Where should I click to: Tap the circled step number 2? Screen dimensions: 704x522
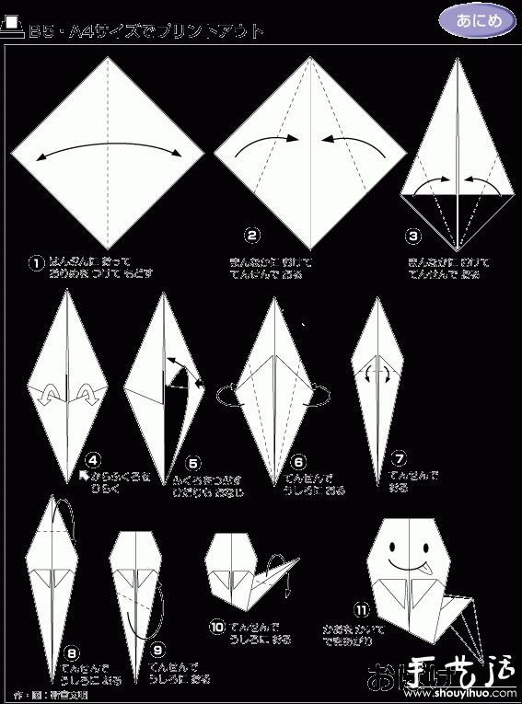click(250, 236)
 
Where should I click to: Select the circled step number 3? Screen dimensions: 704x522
click(413, 236)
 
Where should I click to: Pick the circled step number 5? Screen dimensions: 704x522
click(192, 463)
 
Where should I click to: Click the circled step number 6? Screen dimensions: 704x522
click(298, 463)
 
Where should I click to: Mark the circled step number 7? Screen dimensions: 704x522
click(398, 456)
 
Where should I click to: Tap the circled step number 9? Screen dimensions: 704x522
click(157, 650)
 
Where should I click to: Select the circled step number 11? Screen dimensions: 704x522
click(361, 608)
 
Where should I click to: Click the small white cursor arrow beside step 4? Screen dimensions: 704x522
click(84, 476)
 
